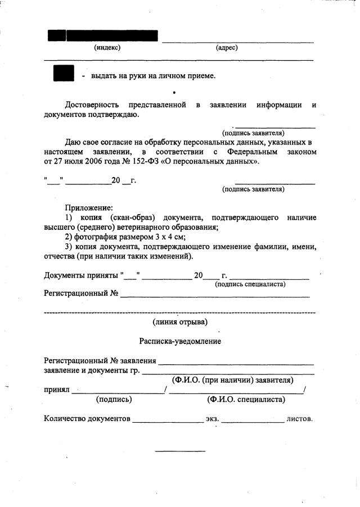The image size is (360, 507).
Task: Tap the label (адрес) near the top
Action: (x=227, y=48)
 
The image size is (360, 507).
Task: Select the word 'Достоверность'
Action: (x=92, y=105)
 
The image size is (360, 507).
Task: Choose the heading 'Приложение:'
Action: (x=89, y=207)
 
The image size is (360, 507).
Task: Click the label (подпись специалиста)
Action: (x=251, y=284)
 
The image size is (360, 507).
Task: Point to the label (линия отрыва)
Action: (x=180, y=322)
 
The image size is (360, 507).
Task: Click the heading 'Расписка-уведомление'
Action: (x=180, y=341)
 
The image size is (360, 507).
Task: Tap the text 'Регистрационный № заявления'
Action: (x=100, y=360)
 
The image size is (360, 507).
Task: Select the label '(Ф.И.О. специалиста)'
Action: (x=246, y=400)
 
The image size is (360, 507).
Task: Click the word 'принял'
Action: (x=56, y=389)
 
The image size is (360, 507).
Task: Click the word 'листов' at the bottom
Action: (x=299, y=419)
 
